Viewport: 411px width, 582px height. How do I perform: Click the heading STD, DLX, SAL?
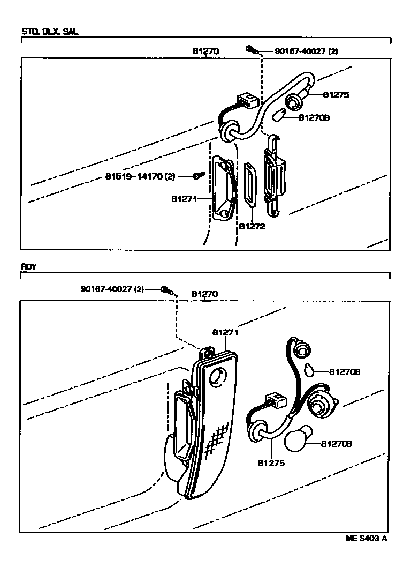50,32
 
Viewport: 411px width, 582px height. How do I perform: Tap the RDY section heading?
28,266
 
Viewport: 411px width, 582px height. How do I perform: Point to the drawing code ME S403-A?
366,539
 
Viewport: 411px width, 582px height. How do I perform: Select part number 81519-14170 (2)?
140,176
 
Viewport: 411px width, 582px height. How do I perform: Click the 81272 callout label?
252,226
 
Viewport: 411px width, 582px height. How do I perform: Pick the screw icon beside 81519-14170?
198,175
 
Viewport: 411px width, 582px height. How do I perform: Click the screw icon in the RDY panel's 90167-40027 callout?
166,290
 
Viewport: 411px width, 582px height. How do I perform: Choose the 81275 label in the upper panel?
336,94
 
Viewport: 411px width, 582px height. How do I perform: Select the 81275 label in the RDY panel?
271,463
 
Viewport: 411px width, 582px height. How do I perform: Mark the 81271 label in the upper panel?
185,198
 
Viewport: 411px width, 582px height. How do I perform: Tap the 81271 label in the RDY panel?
225,332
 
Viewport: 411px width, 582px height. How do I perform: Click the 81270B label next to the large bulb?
337,444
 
